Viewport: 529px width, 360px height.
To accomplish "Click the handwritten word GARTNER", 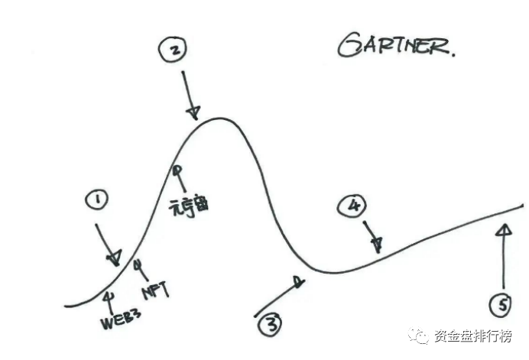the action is [396, 47].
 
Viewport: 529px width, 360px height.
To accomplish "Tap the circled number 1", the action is [97, 202].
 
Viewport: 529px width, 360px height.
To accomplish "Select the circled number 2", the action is [174, 51].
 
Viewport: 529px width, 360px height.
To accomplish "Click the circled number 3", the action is [271, 326].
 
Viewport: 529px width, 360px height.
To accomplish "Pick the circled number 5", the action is [502, 306].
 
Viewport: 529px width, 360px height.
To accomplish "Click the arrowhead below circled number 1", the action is [114, 258].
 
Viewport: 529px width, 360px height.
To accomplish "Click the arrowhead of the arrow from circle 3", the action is [300, 280].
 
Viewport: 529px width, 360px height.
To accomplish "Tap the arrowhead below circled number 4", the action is [377, 244].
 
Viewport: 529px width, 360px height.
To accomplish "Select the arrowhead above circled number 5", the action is [502, 230].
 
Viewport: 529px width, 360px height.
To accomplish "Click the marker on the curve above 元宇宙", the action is [177, 170].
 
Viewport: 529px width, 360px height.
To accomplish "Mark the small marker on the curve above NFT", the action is [138, 264].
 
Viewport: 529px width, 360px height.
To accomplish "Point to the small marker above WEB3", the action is [109, 295].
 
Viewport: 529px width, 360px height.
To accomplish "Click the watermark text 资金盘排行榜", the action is [473, 337].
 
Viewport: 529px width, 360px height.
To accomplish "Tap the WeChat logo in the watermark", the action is [419, 336].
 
